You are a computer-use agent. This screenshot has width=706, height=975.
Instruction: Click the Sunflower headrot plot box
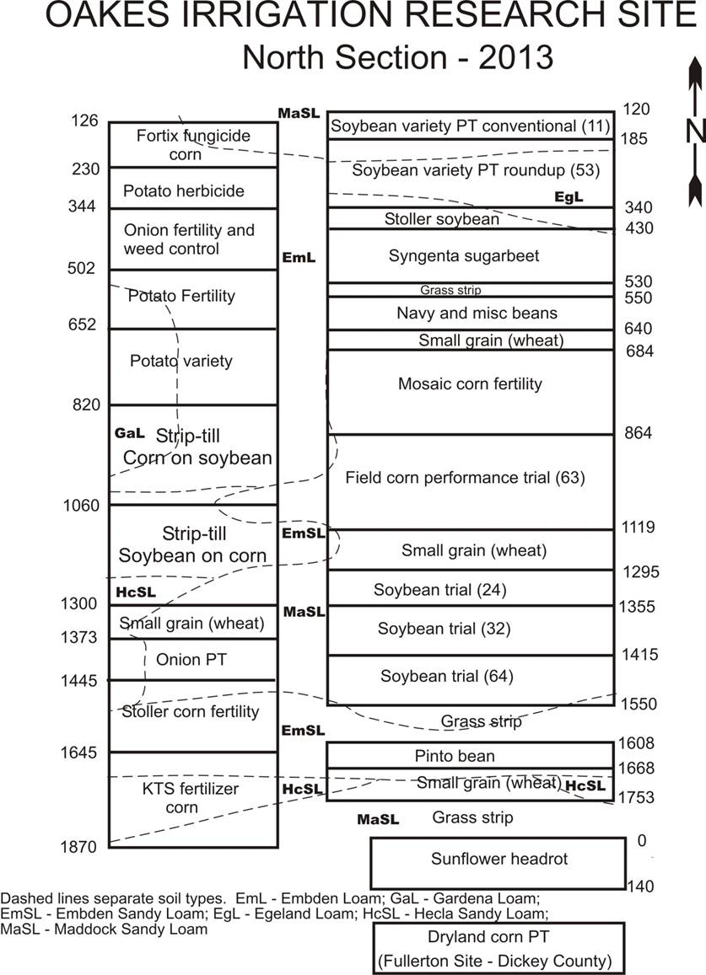(498, 863)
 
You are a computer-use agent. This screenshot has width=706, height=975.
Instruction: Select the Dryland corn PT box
(498, 948)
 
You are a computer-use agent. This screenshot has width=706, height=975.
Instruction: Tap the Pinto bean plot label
(455, 756)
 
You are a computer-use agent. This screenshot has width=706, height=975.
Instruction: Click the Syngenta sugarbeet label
(464, 255)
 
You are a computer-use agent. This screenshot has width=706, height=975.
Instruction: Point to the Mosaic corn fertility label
(470, 383)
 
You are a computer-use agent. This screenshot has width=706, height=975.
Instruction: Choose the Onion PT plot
(193, 659)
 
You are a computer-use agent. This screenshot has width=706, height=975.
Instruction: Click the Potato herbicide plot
(193, 188)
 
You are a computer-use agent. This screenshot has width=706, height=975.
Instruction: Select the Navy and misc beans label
(477, 313)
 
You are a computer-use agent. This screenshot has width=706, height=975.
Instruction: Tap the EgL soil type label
(569, 197)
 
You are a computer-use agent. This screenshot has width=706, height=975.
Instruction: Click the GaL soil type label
(130, 433)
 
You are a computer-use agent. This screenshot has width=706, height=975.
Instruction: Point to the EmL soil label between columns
(299, 257)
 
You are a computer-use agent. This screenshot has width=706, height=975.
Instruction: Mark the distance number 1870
(78, 846)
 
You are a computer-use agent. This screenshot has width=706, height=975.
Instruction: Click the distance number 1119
(639, 528)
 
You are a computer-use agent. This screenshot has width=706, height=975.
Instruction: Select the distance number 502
(82, 268)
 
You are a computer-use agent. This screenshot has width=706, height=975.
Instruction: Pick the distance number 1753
(636, 797)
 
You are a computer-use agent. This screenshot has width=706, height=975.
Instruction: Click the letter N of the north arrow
(695, 131)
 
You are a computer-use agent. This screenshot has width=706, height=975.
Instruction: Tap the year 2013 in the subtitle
(515, 57)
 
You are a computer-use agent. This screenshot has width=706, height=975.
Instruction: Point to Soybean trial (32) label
(444, 629)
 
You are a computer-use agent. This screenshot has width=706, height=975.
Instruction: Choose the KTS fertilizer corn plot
(193, 799)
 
